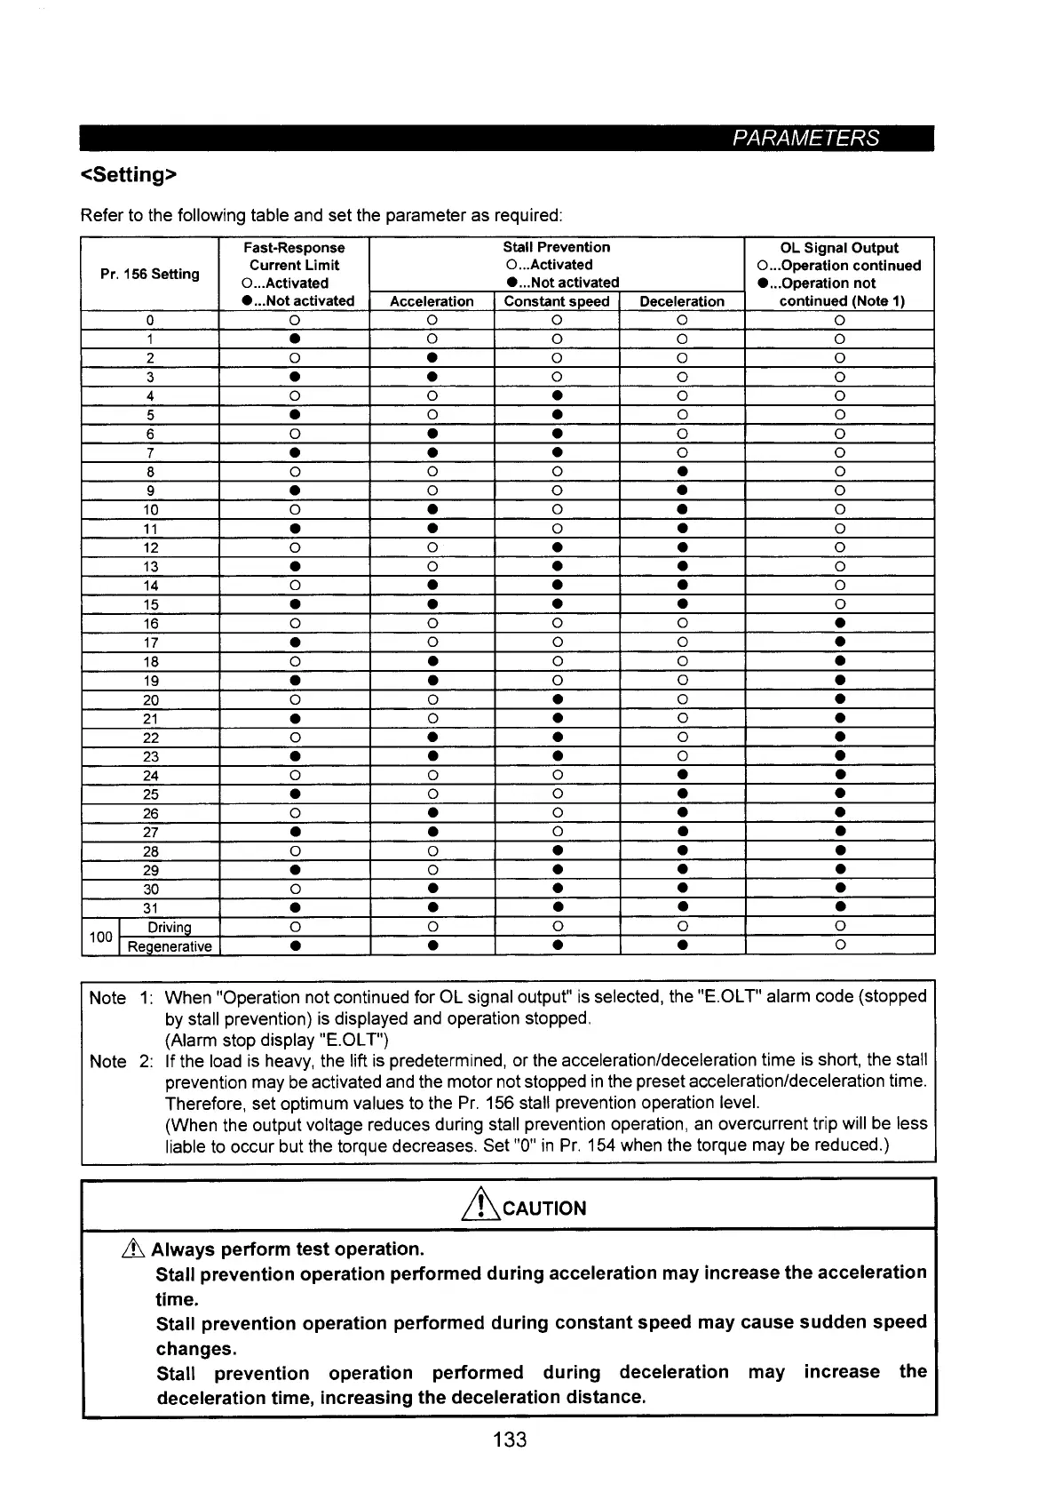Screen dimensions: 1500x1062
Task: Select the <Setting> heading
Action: tap(130, 175)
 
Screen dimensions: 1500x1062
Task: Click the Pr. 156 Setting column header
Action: tap(150, 274)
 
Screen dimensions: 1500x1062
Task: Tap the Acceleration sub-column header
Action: tap(432, 301)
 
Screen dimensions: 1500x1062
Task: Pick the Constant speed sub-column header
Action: tap(557, 301)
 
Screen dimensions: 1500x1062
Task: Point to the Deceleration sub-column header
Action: tap(682, 301)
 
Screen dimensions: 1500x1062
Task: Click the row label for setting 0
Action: tap(151, 321)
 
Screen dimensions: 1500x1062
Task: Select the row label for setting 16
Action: tap(151, 624)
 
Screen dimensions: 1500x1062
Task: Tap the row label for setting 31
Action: tap(151, 908)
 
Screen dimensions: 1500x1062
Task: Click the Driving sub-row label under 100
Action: tap(169, 928)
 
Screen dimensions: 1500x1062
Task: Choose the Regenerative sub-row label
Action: tap(170, 946)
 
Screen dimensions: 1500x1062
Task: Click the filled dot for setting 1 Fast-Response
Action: tap(294, 339)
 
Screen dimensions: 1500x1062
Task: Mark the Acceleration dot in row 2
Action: tap(432, 358)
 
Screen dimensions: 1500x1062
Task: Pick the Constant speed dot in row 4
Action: tap(557, 395)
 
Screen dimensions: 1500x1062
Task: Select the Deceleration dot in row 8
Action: tap(682, 471)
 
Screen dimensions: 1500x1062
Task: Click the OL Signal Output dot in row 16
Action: tap(839, 623)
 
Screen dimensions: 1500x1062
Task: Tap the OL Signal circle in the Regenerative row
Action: tap(839, 945)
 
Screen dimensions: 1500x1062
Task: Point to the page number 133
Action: tap(510, 1440)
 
